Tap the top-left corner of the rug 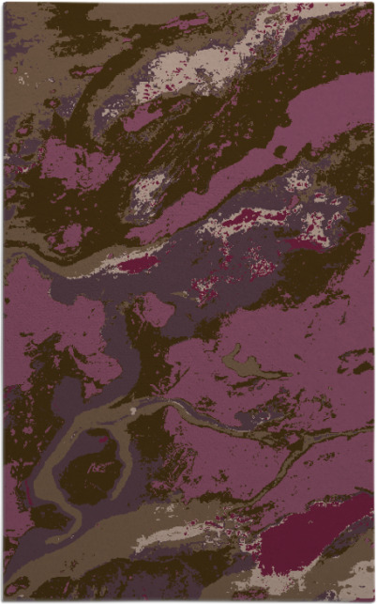click(x=3, y=3)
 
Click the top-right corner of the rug click(x=373, y=3)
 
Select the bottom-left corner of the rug click(x=3, y=600)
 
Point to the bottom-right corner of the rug click(x=373, y=600)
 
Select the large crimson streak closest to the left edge click(x=136, y=265)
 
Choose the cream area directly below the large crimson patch click(x=309, y=573)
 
